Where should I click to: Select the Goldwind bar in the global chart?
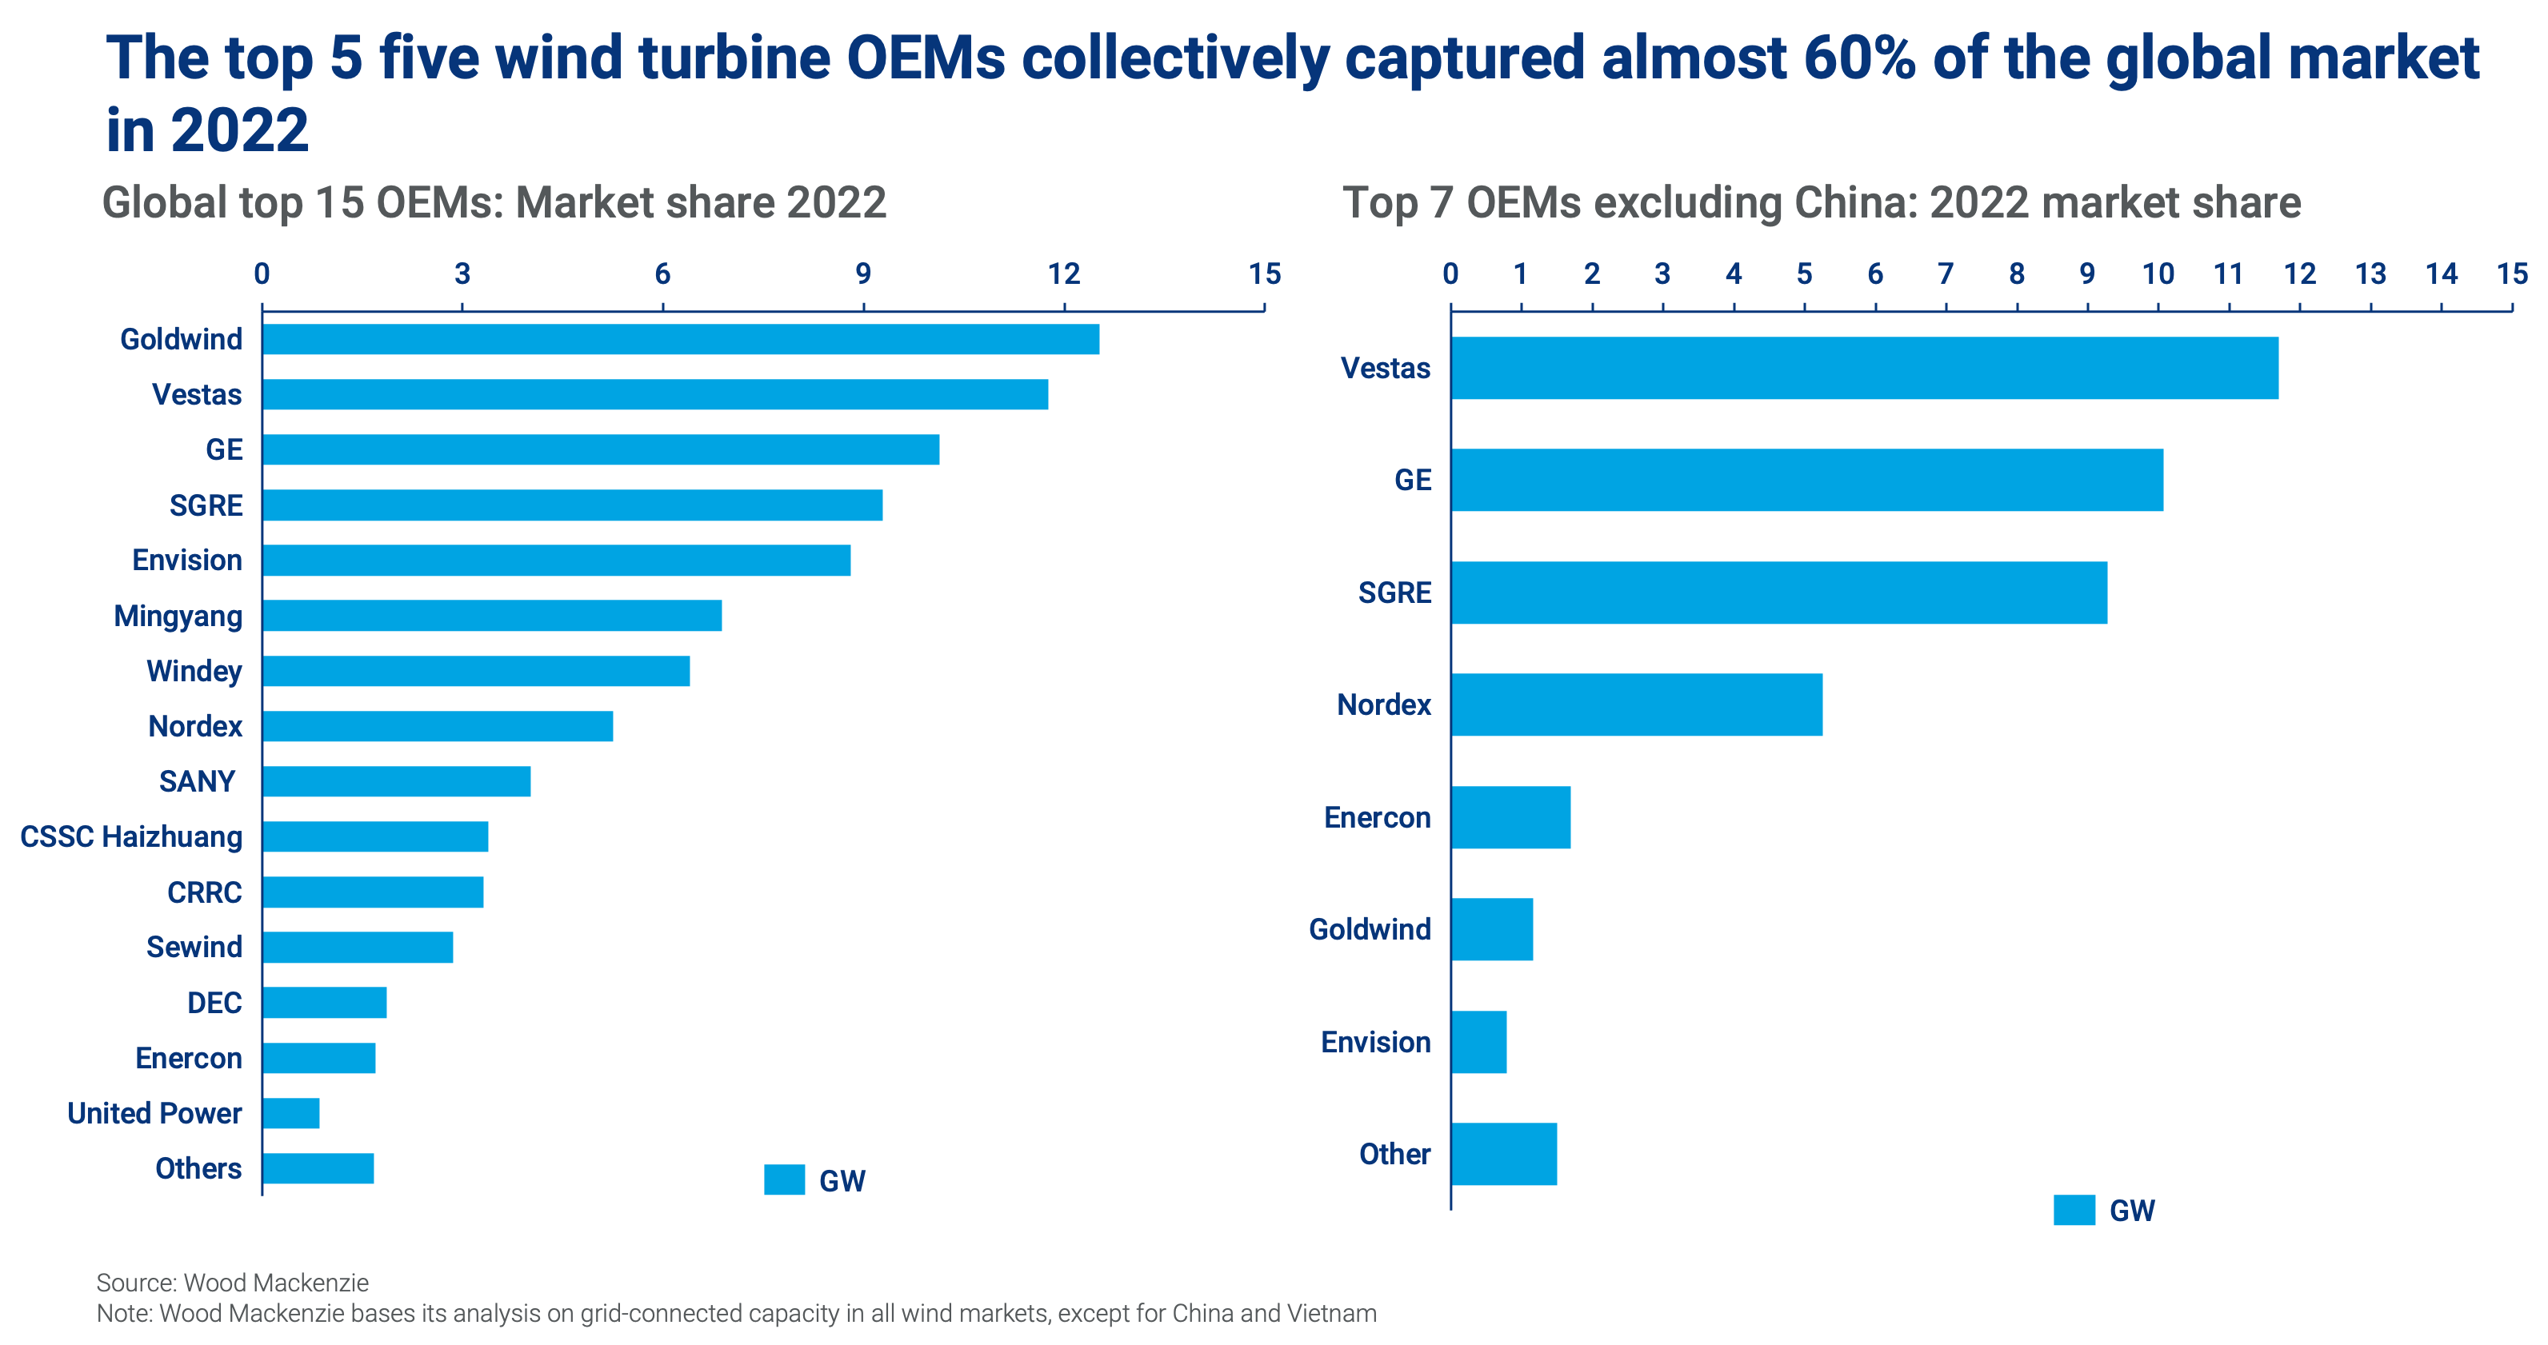[x=681, y=339]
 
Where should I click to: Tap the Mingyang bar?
[x=493, y=615]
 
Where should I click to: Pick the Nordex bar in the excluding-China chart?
[x=1637, y=705]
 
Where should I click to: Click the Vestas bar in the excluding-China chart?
[x=1865, y=368]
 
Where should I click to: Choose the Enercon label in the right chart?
[x=1377, y=818]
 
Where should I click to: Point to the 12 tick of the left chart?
[x=1064, y=274]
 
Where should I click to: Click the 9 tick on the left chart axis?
[x=863, y=274]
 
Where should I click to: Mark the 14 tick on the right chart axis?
[x=2441, y=274]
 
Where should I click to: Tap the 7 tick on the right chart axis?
[x=1946, y=274]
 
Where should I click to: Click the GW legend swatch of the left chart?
[x=784, y=1179]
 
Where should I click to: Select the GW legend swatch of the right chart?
[x=2074, y=1211]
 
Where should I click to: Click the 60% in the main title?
[x=1859, y=58]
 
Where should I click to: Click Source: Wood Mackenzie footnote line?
[x=233, y=1283]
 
